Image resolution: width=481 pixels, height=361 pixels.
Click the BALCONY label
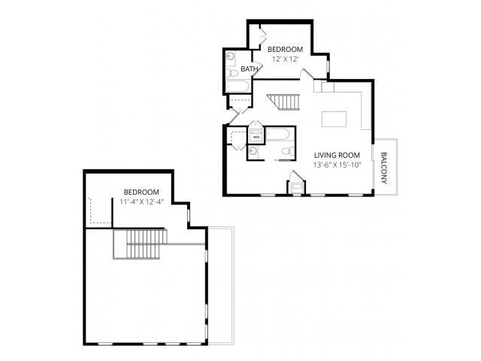click(x=384, y=168)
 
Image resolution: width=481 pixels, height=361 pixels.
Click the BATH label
click(x=250, y=69)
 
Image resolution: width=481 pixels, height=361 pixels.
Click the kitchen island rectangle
click(x=336, y=120)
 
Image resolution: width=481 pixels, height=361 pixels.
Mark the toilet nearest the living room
click(x=286, y=153)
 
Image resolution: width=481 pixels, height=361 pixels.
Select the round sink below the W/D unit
click(x=254, y=151)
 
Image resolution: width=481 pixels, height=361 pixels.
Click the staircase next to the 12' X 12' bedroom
click(x=284, y=102)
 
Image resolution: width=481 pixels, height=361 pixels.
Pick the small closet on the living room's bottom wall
click(x=298, y=184)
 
